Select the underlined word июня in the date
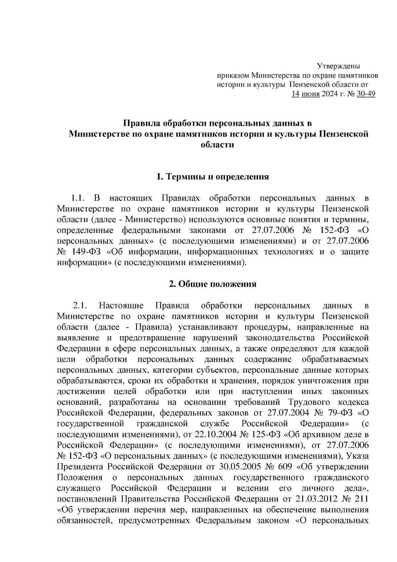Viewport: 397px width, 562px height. tap(310, 94)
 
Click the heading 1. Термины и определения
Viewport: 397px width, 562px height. tap(212, 177)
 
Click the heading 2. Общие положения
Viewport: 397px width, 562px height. tap(212, 284)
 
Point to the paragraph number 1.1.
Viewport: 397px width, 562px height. tap(78, 198)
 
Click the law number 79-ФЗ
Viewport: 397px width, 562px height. tap(337, 413)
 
